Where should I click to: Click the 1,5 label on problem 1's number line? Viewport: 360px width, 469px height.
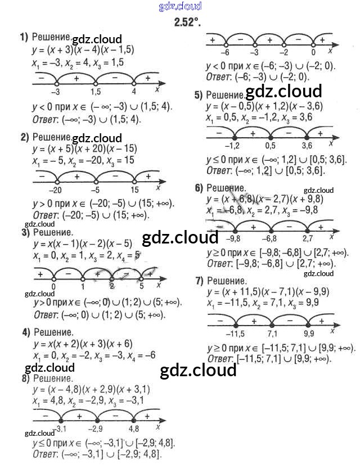tap(95, 92)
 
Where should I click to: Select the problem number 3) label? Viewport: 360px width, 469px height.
tap(25, 232)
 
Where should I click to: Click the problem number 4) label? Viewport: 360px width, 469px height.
tap(26, 332)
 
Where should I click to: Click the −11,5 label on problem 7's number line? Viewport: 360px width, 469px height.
tap(234, 333)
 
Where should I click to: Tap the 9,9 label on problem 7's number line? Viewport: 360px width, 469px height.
tap(309, 333)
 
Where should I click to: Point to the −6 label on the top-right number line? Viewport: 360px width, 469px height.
tap(225, 52)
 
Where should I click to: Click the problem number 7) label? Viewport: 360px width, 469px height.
tap(199, 280)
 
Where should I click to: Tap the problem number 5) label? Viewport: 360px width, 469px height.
tap(199, 95)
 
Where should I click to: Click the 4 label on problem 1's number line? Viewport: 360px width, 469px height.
tap(134, 92)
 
